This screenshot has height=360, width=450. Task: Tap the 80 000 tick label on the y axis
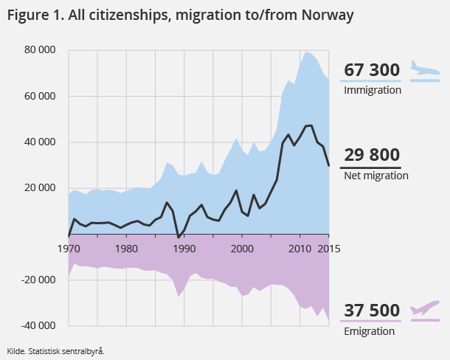pyautogui.click(x=39, y=50)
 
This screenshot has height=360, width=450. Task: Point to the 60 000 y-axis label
pyautogui.click(x=39, y=96)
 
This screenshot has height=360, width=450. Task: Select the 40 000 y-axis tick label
pyautogui.click(x=39, y=142)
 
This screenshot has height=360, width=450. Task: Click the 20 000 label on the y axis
pyautogui.click(x=39, y=187)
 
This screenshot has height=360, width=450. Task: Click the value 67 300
pyautogui.click(x=372, y=70)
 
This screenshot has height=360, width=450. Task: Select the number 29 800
pyautogui.click(x=372, y=155)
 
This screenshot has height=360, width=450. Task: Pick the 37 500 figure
pyautogui.click(x=372, y=311)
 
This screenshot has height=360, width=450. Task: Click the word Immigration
pyautogui.click(x=373, y=90)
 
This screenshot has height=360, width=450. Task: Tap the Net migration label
pyautogui.click(x=376, y=176)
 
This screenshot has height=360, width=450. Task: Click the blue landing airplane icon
pyautogui.click(x=425, y=71)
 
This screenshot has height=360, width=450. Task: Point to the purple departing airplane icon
pyautogui.click(x=425, y=308)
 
